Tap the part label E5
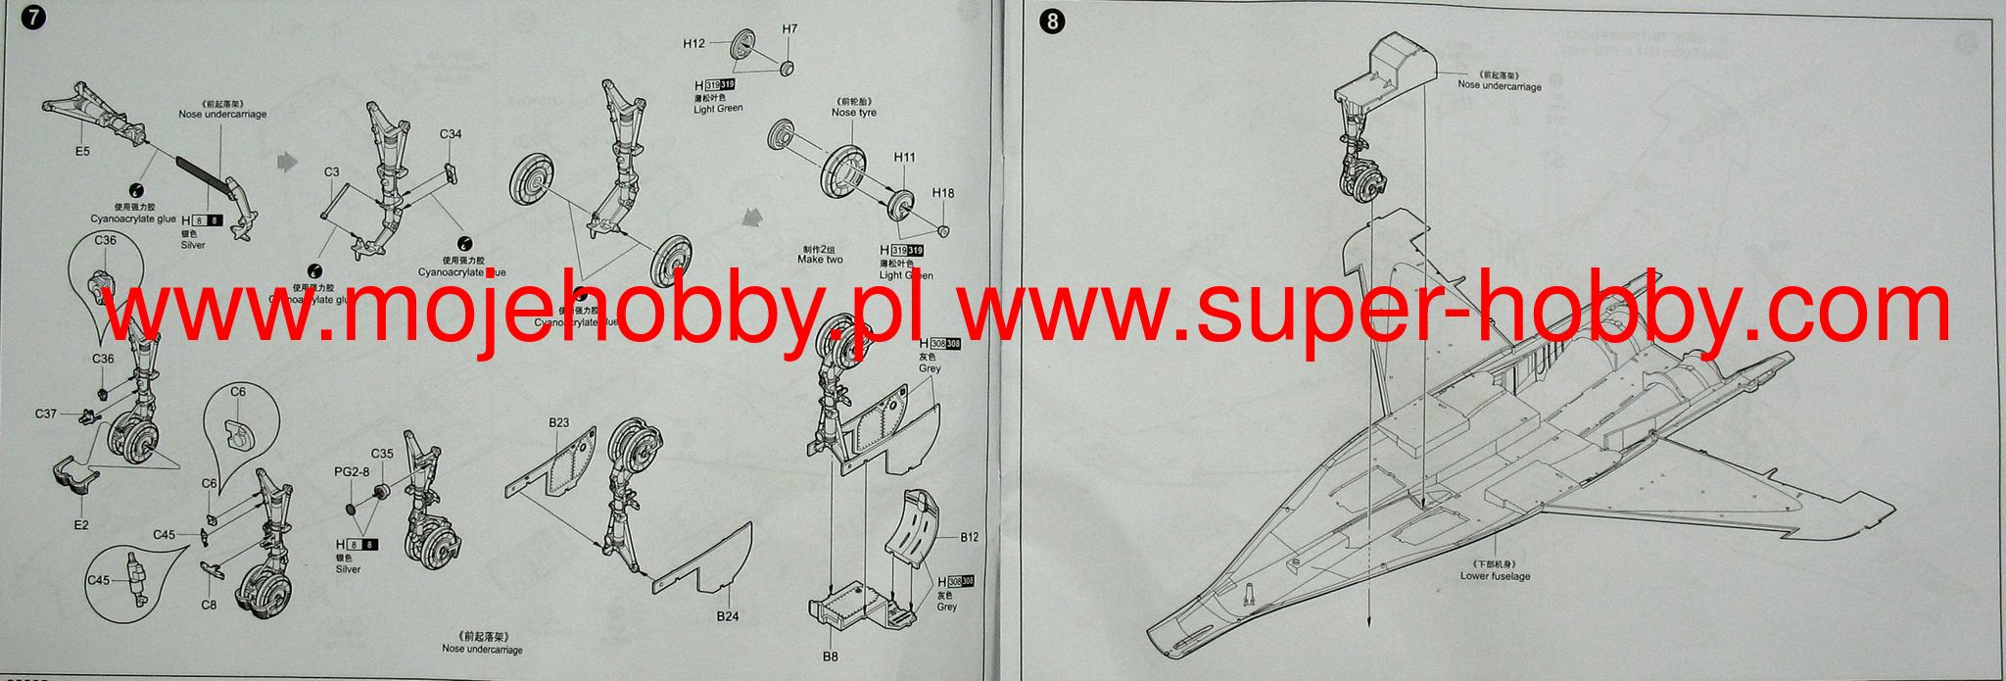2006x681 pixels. pos(81,152)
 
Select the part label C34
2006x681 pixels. pos(451,134)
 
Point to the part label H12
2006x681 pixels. pos(693,43)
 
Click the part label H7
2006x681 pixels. pos(789,28)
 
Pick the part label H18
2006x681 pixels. pos(942,193)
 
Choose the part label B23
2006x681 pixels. pos(558,422)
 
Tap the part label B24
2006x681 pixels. pos(726,615)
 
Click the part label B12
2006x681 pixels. pos(970,537)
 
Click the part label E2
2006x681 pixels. pos(81,525)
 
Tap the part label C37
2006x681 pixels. pos(46,413)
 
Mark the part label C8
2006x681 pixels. pos(209,605)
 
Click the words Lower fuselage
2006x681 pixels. pos(1495,576)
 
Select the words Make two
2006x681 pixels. pos(821,259)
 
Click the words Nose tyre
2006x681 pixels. pos(853,113)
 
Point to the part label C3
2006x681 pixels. pos(332,172)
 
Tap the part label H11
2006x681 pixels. pos(904,157)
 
